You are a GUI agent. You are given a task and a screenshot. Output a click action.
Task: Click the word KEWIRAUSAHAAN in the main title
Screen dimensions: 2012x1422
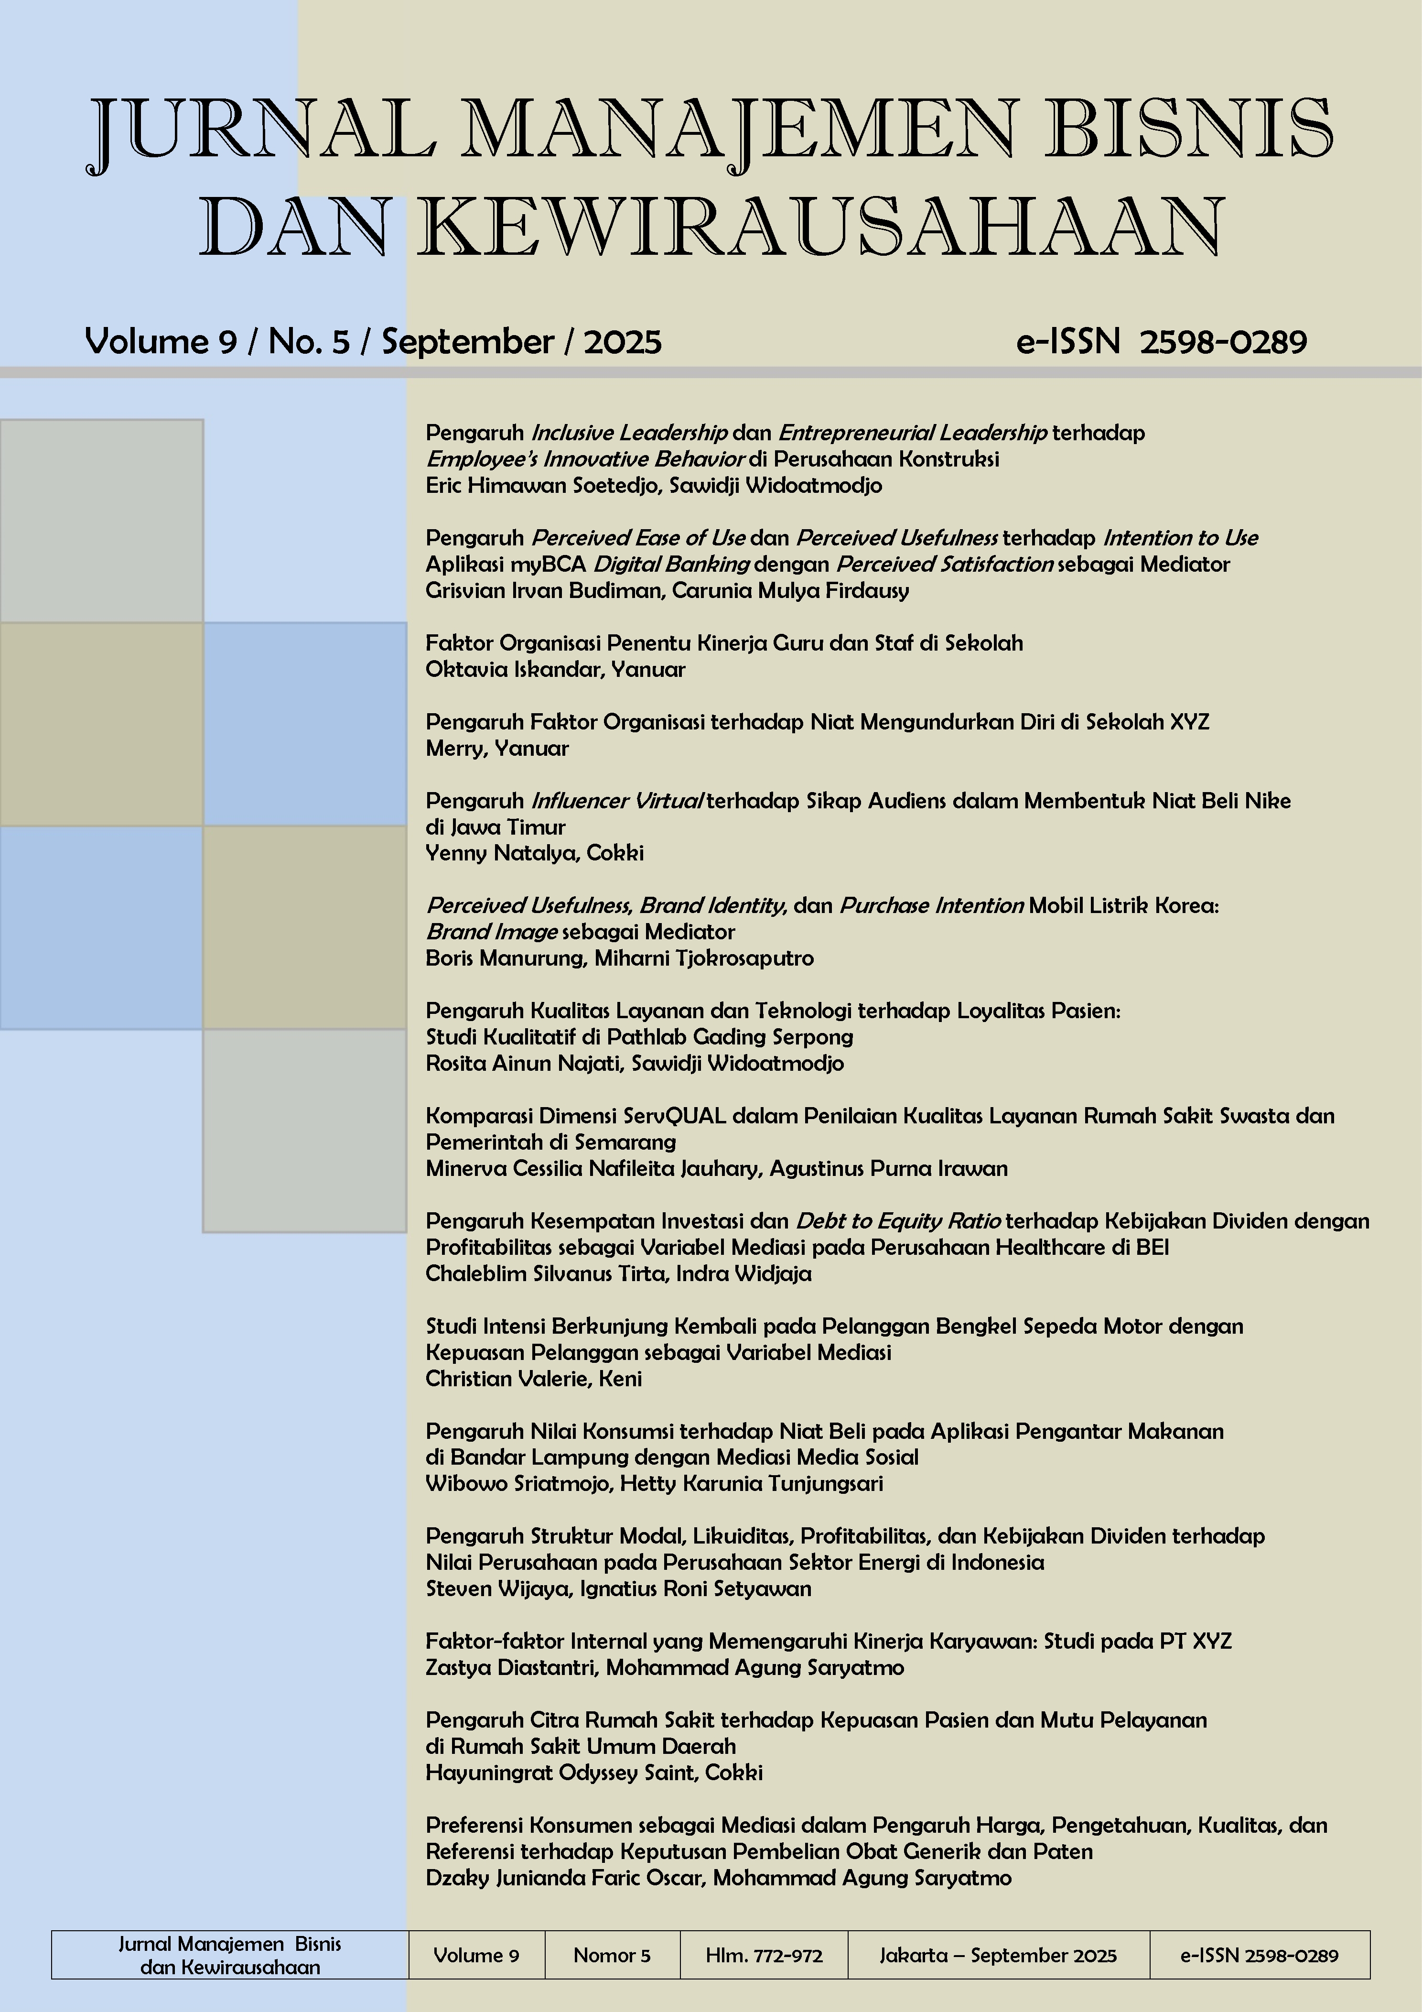pos(819,226)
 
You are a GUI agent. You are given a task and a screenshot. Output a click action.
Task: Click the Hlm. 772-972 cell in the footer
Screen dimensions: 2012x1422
pos(764,1955)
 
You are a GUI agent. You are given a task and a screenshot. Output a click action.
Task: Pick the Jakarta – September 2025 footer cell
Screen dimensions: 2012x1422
pos(998,1955)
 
